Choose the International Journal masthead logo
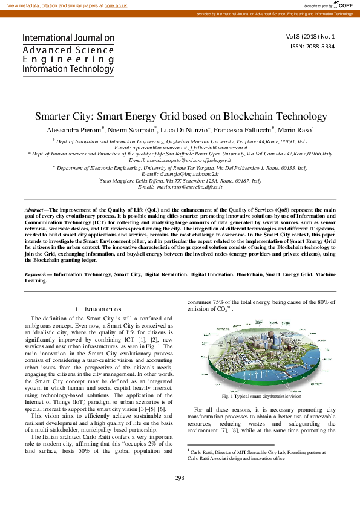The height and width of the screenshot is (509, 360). pyautogui.click(x=68, y=54)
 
